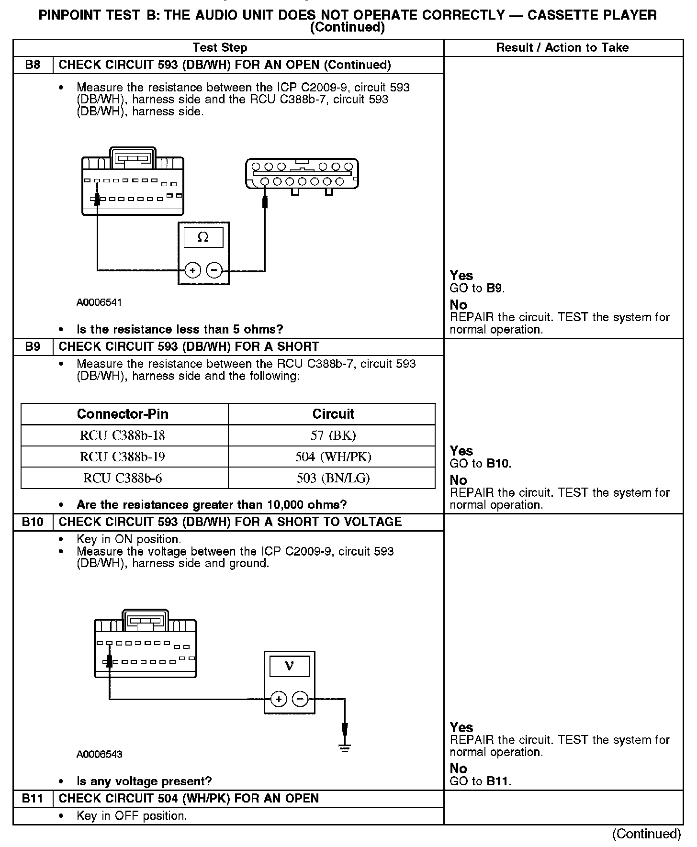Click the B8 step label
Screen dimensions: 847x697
coord(33,65)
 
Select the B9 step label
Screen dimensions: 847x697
coord(33,346)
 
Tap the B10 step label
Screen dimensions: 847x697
coord(33,522)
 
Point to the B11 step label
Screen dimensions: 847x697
coord(33,798)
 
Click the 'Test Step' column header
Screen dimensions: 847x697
coord(220,47)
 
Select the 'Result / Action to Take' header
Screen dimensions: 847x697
coord(562,47)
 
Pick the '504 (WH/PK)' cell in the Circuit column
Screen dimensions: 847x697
coord(333,457)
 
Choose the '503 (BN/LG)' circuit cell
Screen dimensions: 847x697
coord(333,478)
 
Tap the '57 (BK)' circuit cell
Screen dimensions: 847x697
coord(333,435)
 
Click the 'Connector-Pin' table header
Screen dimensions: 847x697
coord(123,414)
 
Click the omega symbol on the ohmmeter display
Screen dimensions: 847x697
coord(203,237)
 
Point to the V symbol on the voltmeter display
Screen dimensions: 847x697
coord(289,666)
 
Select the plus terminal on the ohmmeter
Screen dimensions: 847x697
coord(192,270)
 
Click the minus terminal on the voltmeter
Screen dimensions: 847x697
coord(300,699)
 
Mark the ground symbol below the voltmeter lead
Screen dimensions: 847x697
coord(345,748)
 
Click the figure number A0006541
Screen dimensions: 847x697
coord(99,302)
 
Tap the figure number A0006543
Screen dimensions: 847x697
coord(99,754)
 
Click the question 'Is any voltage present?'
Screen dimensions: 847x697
coord(144,781)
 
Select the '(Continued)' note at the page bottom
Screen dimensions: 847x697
coord(646,834)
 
